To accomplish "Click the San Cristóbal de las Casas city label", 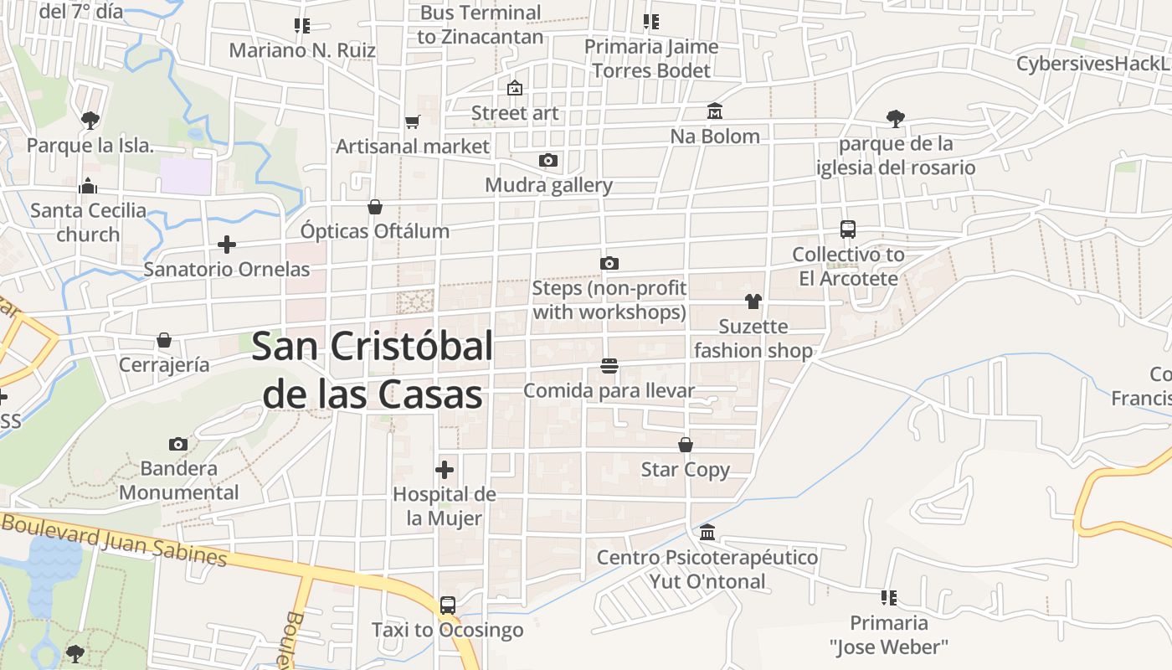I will tap(373, 369).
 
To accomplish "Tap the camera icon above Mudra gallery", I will tap(548, 160).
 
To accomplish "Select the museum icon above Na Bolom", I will tap(715, 111).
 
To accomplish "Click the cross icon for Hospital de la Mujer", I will tap(445, 469).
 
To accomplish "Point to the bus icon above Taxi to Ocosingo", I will tap(448, 605).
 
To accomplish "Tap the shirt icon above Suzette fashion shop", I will tap(753, 301).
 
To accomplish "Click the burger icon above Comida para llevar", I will tap(609, 366).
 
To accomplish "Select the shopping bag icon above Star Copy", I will tap(686, 445).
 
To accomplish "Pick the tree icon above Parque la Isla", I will tap(90, 120).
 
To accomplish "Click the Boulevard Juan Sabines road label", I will tap(114, 540).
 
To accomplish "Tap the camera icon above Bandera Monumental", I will tap(178, 444).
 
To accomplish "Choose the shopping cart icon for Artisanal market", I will tap(412, 122).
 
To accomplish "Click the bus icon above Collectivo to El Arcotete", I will tap(848, 229).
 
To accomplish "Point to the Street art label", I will tap(515, 113).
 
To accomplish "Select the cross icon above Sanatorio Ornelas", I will tap(226, 245).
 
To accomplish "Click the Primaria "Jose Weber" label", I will tap(889, 635).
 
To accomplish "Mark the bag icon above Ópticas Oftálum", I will tap(375, 206).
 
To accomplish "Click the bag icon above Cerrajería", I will tap(164, 340).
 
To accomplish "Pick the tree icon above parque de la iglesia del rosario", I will tap(896, 118).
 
